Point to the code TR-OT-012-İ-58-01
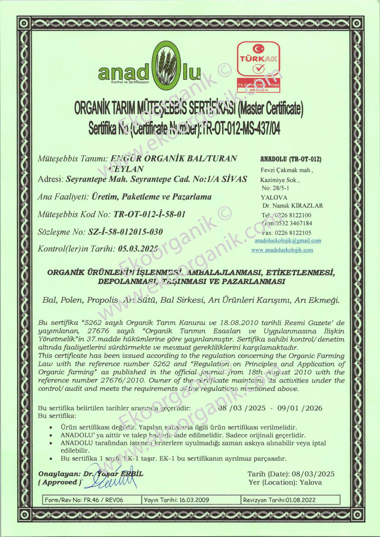click(150, 214)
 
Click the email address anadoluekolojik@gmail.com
click(288, 241)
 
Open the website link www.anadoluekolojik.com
click(282, 250)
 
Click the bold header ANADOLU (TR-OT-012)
click(291, 160)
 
